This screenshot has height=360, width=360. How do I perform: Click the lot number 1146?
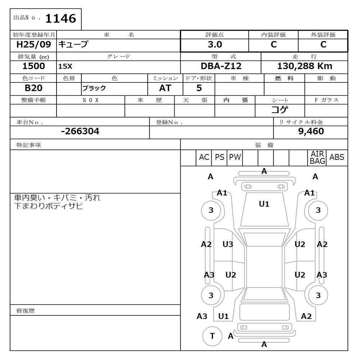(x=60, y=18)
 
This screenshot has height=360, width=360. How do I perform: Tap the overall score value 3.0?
(x=215, y=45)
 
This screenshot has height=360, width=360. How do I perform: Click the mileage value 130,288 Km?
(x=305, y=66)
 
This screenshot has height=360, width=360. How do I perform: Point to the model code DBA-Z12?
(x=221, y=66)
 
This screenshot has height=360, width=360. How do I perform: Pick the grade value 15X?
(x=65, y=67)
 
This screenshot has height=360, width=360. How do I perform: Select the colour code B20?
(x=33, y=88)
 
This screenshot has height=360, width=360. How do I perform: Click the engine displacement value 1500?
(x=33, y=66)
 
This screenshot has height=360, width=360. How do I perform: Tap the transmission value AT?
(x=165, y=88)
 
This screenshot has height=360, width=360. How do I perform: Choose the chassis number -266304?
(x=80, y=131)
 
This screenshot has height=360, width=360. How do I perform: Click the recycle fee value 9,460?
(x=311, y=131)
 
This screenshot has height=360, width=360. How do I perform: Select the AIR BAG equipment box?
(x=317, y=158)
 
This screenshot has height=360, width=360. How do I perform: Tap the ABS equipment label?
(x=337, y=157)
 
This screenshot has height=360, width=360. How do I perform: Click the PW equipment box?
(x=235, y=157)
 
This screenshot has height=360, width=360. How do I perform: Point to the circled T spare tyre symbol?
(x=212, y=336)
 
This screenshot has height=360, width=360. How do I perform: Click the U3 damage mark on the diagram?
(x=228, y=244)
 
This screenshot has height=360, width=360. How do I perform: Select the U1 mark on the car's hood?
(x=264, y=204)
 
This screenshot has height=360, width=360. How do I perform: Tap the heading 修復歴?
(x=26, y=310)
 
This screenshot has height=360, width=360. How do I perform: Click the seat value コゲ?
(x=280, y=110)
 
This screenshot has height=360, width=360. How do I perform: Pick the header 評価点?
(x=215, y=35)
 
